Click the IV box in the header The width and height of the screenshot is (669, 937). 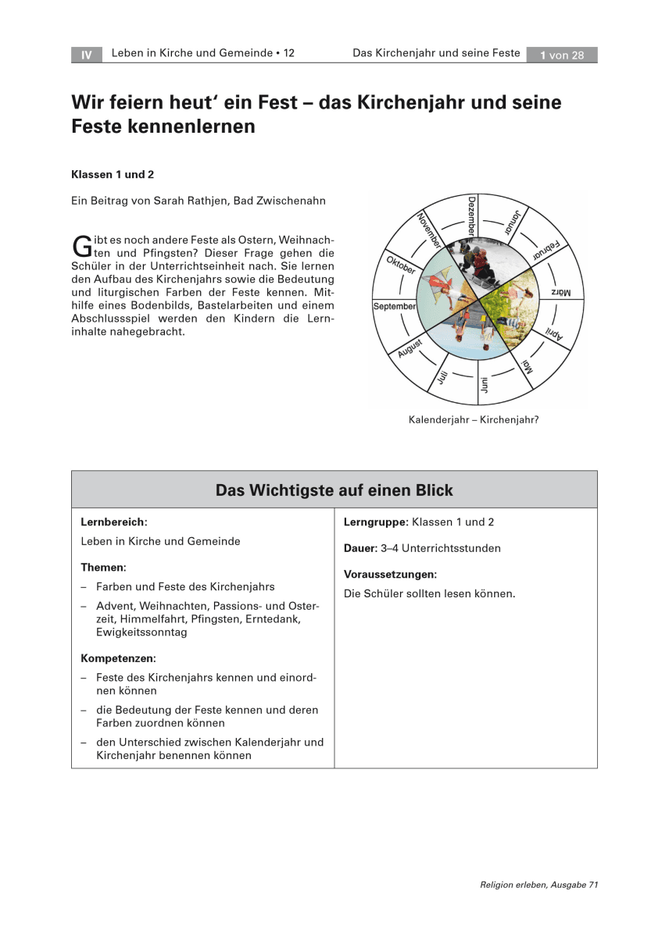(x=87, y=55)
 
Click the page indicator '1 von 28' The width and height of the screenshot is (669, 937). (x=562, y=55)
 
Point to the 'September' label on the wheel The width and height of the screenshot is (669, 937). (x=395, y=307)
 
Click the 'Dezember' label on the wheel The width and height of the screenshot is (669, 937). (x=472, y=216)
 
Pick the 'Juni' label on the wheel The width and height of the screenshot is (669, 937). (x=485, y=385)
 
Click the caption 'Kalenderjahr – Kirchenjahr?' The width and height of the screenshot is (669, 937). (x=474, y=419)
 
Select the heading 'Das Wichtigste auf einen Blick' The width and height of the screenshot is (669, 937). (x=334, y=490)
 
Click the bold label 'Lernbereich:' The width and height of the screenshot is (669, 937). (x=114, y=522)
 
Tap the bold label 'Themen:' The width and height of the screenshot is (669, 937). (x=103, y=567)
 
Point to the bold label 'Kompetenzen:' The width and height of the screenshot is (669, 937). (x=118, y=658)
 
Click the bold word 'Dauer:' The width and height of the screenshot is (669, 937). (x=360, y=548)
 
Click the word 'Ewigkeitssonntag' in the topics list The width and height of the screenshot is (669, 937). (x=141, y=632)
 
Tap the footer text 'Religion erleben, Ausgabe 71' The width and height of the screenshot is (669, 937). (x=538, y=885)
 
